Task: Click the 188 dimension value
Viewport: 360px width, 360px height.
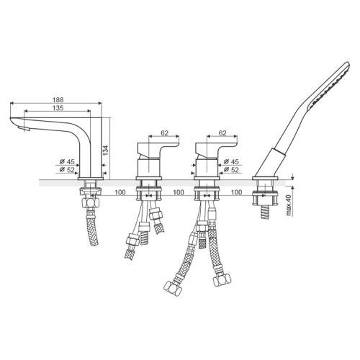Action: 58,99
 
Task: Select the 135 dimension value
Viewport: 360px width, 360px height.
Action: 58,108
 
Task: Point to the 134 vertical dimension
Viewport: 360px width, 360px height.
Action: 105,150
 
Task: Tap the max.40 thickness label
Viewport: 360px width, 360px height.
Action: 289,205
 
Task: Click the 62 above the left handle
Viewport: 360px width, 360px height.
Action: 164,132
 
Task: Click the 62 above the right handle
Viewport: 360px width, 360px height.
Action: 222,132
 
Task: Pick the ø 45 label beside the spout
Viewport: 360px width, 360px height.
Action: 67,161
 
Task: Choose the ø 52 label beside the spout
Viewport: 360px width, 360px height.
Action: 67,170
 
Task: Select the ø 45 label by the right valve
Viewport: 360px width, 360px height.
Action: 231,161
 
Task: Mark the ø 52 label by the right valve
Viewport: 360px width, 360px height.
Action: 231,170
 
